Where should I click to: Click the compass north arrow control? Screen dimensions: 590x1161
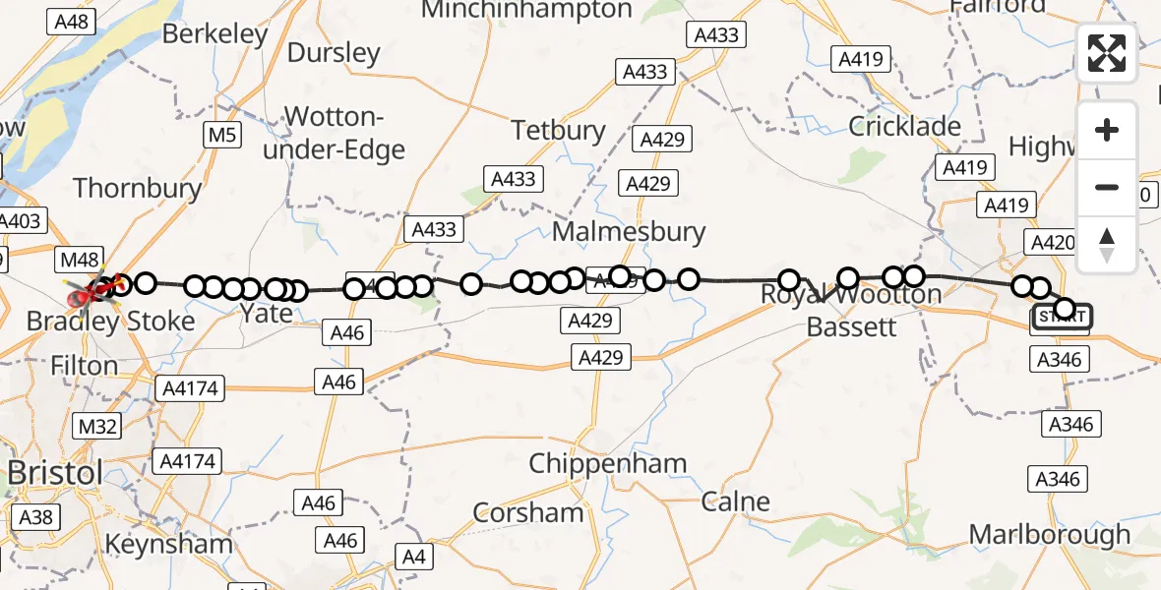1107,245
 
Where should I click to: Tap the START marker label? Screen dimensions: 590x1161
1062,318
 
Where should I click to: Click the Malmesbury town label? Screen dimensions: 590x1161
629,232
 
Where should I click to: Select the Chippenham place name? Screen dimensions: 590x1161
607,463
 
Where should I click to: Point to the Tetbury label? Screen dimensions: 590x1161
558,130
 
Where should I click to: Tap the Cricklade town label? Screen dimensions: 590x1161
904,126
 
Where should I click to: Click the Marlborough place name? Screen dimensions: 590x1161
1050,535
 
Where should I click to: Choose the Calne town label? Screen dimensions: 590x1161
736,502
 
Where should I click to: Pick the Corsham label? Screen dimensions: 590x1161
528,512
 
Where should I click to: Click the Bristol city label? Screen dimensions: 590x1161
55,473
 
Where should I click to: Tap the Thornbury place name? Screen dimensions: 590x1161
137,188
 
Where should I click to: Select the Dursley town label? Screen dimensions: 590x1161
334,52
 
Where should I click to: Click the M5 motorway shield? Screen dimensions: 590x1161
222,135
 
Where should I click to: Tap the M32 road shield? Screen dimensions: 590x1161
96,425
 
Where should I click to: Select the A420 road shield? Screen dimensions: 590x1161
1050,243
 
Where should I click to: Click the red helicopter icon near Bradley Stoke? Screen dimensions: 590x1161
81,293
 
